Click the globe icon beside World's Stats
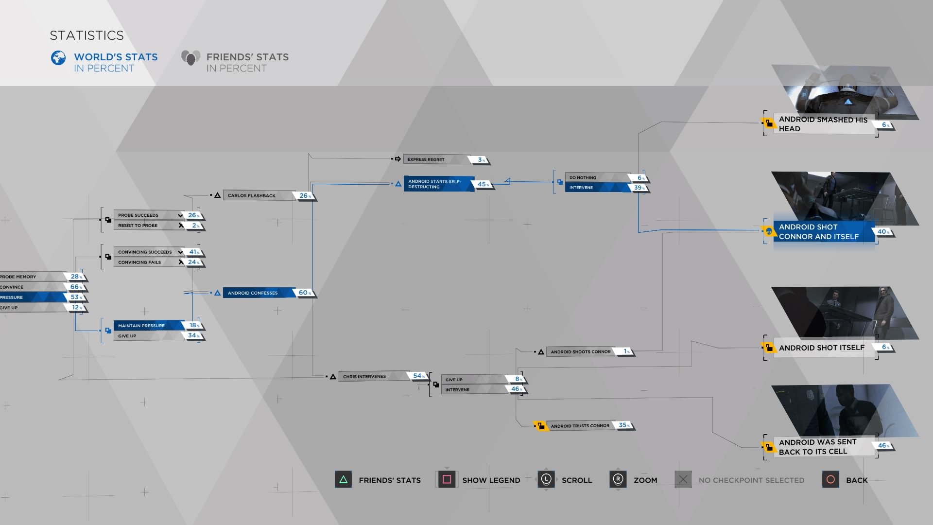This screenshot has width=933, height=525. tap(58, 58)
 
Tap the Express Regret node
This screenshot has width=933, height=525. tap(435, 159)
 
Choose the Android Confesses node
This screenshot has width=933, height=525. tap(258, 293)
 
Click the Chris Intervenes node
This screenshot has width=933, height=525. tap(372, 376)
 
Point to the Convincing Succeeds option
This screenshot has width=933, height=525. tap(146, 252)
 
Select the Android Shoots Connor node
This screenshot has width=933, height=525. tap(581, 351)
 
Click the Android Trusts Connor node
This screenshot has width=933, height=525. tap(580, 426)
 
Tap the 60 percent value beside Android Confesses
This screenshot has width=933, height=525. tap(304, 293)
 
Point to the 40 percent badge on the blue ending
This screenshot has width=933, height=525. tap(882, 232)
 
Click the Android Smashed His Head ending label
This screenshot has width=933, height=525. tap(823, 124)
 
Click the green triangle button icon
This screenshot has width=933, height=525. tap(344, 480)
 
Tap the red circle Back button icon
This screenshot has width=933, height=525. tap(830, 480)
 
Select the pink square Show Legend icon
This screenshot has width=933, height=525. tap(447, 480)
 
